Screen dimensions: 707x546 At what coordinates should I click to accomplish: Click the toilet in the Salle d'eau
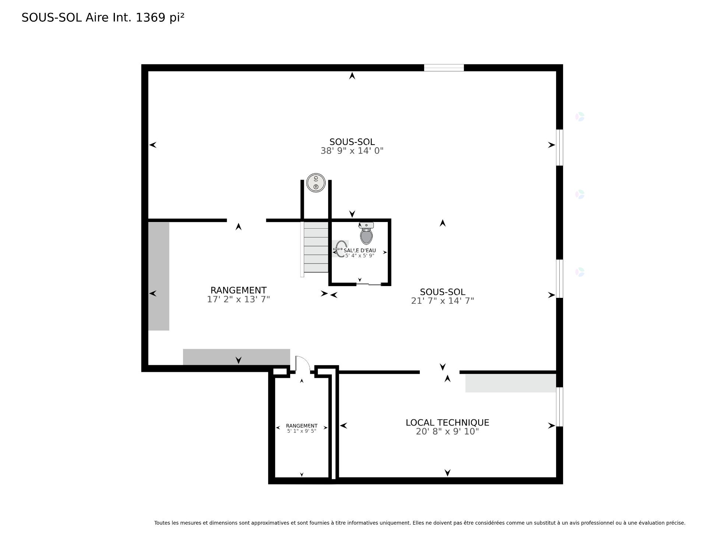[x=366, y=233]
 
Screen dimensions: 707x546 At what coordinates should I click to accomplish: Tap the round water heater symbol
[x=316, y=183]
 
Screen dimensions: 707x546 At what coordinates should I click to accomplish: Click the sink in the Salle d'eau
[x=341, y=249]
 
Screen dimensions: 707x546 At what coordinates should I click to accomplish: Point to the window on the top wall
[x=444, y=68]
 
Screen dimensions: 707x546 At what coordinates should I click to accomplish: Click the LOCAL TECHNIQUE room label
[x=447, y=423]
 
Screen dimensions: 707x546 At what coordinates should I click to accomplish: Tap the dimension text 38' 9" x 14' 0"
[x=352, y=151]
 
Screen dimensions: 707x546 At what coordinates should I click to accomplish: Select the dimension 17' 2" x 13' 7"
[x=238, y=299]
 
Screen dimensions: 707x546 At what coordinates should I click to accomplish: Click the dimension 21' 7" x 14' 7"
[x=442, y=301]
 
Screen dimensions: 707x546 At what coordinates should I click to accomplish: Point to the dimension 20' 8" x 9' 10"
[x=447, y=431]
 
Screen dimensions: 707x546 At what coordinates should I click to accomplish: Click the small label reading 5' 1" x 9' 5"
[x=302, y=431]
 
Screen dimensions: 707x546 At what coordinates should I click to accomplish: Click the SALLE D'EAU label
[x=360, y=250]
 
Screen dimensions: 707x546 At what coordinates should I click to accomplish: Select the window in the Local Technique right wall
[x=559, y=407]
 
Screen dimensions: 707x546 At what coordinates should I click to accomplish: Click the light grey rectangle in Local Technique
[x=511, y=383]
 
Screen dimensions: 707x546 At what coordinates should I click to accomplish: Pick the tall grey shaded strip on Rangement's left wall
[x=159, y=276]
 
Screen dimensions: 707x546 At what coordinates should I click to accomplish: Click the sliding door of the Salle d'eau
[x=369, y=284]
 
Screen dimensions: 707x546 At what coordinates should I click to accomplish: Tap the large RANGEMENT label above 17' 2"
[x=238, y=290]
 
